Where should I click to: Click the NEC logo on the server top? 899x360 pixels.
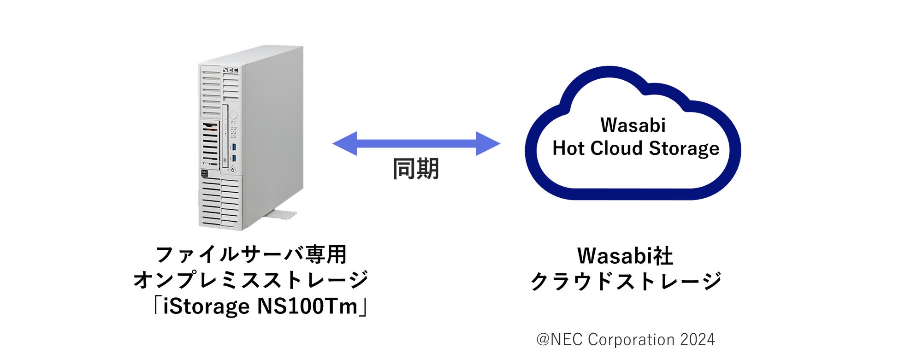tap(230, 70)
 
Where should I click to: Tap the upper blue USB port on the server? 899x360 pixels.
tap(234, 147)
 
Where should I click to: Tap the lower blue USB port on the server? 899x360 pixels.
tap(234, 158)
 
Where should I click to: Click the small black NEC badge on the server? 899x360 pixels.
tap(204, 174)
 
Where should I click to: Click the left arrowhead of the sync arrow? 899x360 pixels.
tap(345, 143)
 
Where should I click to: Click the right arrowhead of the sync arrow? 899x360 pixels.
tap(487, 143)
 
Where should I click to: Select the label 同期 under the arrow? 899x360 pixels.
tap(415, 169)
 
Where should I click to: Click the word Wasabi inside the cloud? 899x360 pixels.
tap(633, 125)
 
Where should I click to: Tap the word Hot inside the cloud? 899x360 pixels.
tap(568, 148)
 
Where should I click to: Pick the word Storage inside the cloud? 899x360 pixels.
tap(684, 148)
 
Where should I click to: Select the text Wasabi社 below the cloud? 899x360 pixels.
tap(625, 256)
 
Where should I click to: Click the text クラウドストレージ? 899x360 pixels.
tap(626, 281)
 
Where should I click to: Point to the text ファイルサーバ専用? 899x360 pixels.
tap(251, 254)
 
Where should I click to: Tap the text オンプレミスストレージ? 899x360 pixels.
tap(251, 280)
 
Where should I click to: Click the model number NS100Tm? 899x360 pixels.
tap(307, 306)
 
